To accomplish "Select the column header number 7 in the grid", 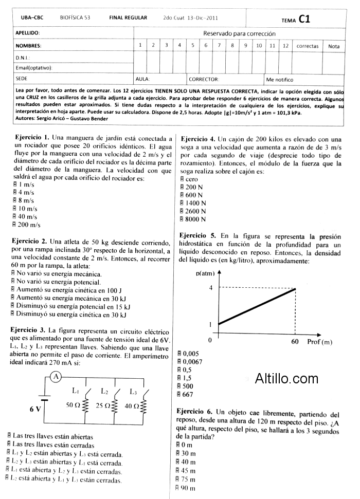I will pyautogui.click(x=219, y=46).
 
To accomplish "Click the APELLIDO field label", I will pyautogui.click(x=28, y=33).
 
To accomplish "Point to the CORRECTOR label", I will pyautogui.click(x=204, y=80).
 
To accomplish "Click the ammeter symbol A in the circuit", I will pyautogui.click(x=57, y=377).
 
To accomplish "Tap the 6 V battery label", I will pyautogui.click(x=35, y=409).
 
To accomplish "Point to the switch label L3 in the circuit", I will pyautogui.click(x=133, y=392).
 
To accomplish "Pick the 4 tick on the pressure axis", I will pyautogui.click(x=210, y=288).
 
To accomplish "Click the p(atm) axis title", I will pyautogui.click(x=205, y=273).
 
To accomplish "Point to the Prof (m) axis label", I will pyautogui.click(x=319, y=342).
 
